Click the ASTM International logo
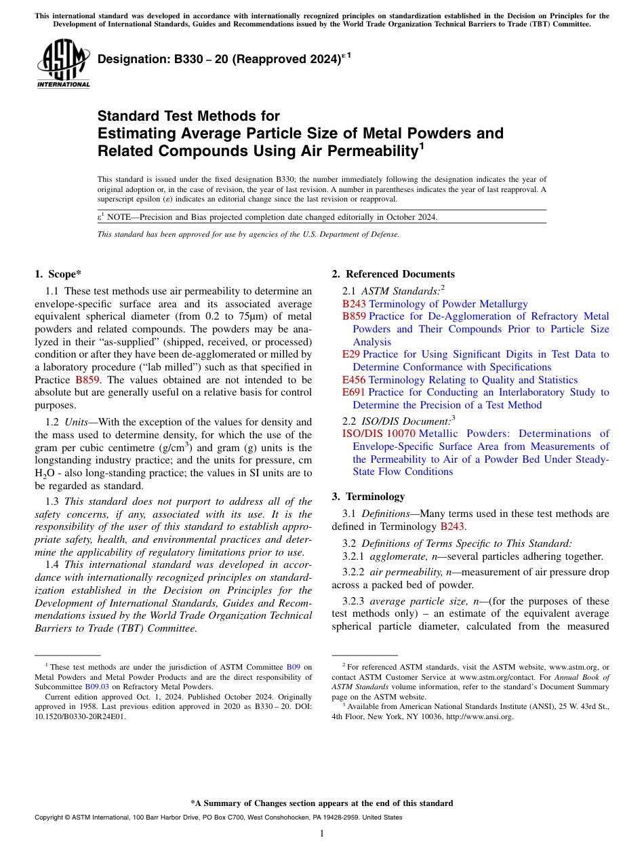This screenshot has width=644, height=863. tap(63, 64)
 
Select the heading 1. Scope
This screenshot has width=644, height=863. tap(58, 274)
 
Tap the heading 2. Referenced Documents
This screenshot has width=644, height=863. tap(393, 274)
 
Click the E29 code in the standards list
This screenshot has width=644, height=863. tap(351, 354)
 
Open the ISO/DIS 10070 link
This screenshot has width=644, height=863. tap(379, 434)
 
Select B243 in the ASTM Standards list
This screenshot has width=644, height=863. tap(354, 304)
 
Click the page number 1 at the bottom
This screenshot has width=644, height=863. tap(322, 833)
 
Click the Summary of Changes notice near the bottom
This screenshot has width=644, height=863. tap(322, 803)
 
